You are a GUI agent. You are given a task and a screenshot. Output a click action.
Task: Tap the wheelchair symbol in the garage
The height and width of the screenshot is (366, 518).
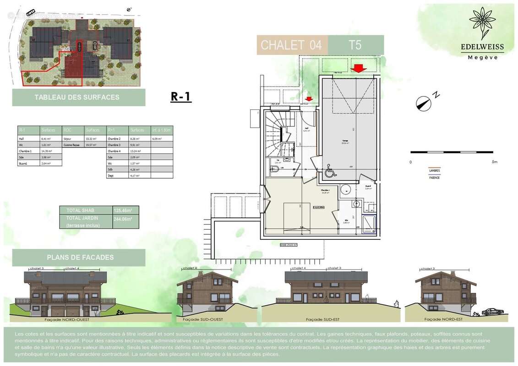328,172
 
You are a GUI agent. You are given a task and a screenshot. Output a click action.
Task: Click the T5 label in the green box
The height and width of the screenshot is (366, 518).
355,45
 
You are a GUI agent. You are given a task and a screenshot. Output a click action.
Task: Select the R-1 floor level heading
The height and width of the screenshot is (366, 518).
181,97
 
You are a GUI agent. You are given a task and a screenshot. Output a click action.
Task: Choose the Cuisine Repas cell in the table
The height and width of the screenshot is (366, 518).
72,144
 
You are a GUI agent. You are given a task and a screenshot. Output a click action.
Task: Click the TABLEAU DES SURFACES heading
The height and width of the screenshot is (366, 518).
77,97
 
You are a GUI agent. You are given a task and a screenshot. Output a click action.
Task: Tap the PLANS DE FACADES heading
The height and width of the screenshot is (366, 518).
80,258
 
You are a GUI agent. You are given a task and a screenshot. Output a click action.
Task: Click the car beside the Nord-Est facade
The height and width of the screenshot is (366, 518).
492,312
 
